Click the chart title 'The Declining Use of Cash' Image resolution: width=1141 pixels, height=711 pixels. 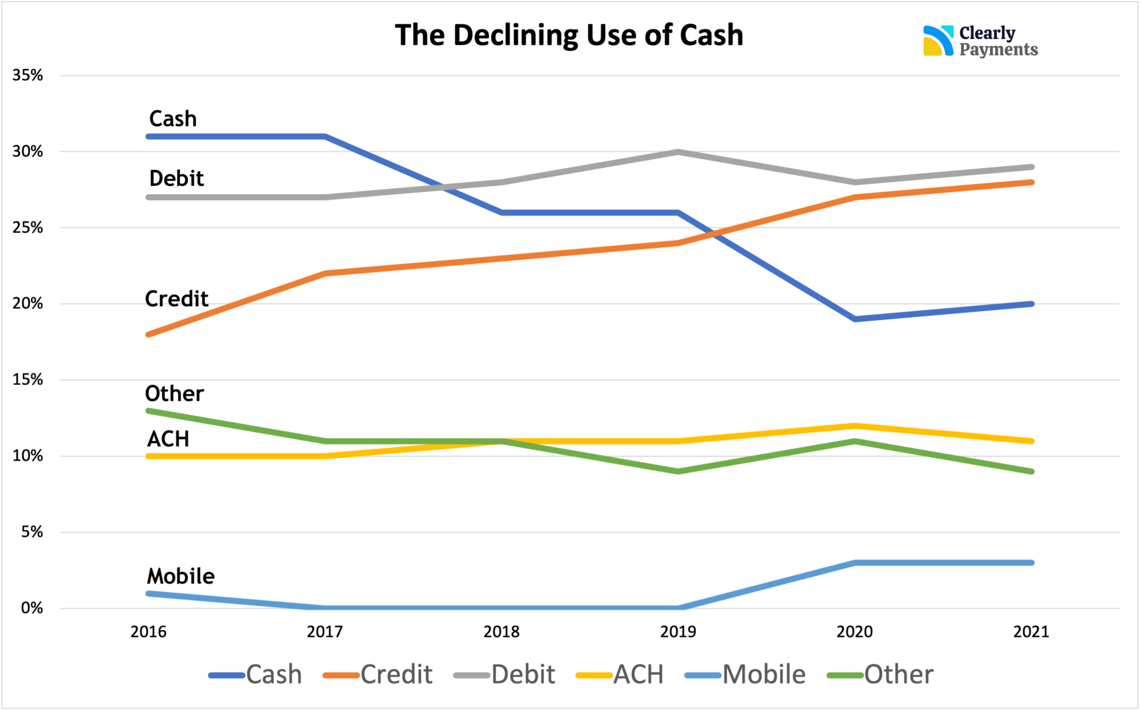[x=569, y=35]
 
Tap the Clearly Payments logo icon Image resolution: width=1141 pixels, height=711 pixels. [x=938, y=41]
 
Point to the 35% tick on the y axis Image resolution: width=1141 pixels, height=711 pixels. [x=28, y=76]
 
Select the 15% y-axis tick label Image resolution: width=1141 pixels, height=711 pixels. [x=28, y=380]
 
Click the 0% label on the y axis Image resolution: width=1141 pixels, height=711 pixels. [x=32, y=608]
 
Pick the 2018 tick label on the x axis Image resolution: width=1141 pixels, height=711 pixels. [x=501, y=632]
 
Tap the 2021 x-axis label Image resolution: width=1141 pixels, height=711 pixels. [x=1031, y=632]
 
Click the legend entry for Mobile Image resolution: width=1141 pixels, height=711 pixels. [x=745, y=675]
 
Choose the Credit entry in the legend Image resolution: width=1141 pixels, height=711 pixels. [x=378, y=675]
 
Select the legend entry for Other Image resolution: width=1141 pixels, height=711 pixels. [x=880, y=675]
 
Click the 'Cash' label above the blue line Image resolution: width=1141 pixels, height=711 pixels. [x=173, y=119]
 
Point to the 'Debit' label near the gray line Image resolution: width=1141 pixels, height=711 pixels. [x=177, y=178]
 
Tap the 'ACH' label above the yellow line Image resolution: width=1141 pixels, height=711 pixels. [x=168, y=439]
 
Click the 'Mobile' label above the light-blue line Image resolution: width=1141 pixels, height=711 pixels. [x=181, y=576]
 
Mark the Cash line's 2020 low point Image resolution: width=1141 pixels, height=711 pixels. [x=855, y=319]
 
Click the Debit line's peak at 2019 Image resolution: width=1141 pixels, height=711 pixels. [x=678, y=151]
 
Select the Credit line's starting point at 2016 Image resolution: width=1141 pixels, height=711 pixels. [x=149, y=334]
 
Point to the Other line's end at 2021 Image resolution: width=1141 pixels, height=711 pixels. [x=1031, y=472]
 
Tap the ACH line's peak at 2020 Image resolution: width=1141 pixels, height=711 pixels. [x=855, y=426]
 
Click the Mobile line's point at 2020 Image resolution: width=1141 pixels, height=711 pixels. [x=855, y=563]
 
